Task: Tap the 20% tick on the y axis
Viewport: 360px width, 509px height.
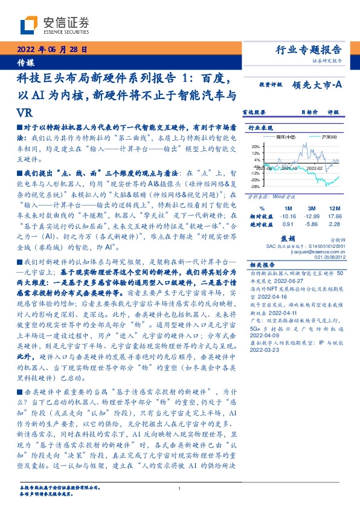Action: click(x=256, y=146)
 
